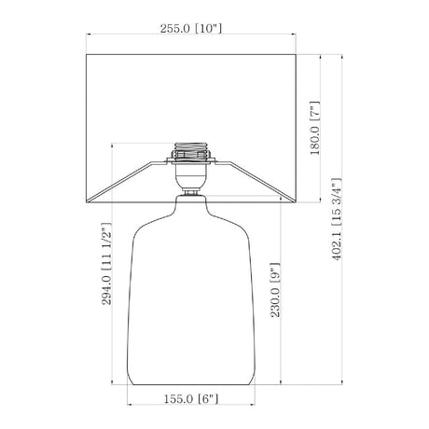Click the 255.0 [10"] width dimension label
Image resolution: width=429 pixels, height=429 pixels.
coord(191,29)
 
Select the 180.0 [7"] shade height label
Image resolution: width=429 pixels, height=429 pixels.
coord(315,128)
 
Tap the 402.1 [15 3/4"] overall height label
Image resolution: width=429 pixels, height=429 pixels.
coord(337,219)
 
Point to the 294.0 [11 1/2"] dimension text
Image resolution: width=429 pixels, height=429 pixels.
coord(106,263)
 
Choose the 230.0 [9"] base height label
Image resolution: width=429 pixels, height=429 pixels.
coord(275,289)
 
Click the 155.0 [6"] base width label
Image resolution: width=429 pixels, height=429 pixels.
coord(191,399)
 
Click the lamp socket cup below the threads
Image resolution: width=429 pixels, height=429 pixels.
coord(191,174)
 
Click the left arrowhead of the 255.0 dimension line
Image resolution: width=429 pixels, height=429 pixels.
coord(88,35)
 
